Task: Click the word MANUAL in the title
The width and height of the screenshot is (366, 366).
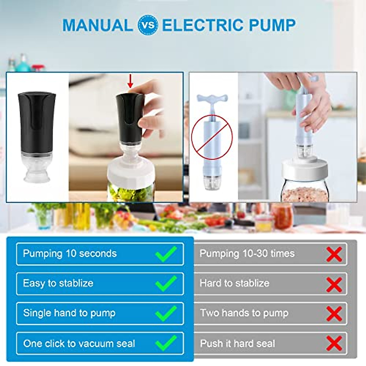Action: [97, 25]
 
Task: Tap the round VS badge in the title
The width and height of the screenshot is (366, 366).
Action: [148, 25]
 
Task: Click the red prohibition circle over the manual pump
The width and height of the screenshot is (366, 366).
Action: [212, 137]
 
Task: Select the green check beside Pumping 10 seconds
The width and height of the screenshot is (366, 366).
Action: [166, 254]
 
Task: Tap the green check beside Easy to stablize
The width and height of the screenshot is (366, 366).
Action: [166, 283]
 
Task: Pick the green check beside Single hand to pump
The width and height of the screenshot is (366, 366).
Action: [166, 313]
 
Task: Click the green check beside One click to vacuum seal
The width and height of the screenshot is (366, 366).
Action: [166, 343]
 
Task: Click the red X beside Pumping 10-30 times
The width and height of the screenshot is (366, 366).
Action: [334, 254]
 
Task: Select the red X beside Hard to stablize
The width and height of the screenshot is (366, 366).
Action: [334, 284]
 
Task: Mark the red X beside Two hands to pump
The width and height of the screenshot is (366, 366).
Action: [334, 314]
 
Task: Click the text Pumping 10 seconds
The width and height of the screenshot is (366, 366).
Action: [70, 254]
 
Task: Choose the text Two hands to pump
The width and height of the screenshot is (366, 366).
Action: [244, 313]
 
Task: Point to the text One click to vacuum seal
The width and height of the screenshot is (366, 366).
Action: [79, 343]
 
